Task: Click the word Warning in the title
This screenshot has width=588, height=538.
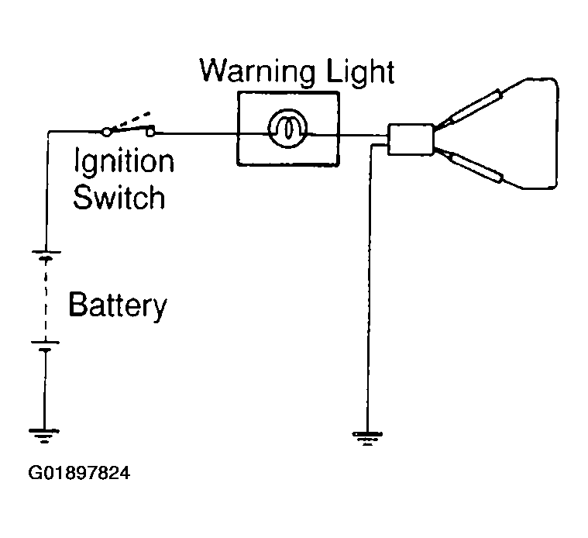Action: (257, 71)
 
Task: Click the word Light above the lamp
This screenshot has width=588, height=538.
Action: (360, 71)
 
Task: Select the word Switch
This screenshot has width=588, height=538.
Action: (119, 197)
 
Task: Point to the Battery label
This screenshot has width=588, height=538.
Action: (118, 305)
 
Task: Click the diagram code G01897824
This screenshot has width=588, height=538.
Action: (79, 473)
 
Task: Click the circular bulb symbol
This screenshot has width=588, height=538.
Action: (287, 128)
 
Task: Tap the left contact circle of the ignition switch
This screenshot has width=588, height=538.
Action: (106, 132)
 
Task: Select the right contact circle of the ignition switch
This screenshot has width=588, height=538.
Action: (150, 132)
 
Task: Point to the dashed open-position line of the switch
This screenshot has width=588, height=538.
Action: (131, 119)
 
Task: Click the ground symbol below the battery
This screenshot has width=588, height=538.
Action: (44, 436)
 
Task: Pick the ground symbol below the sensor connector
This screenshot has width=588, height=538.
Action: (367, 438)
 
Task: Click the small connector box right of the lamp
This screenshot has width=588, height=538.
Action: (411, 140)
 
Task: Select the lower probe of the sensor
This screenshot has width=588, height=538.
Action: (471, 166)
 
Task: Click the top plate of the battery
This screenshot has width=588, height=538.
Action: (46, 252)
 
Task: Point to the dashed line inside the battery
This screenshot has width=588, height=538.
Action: (46, 300)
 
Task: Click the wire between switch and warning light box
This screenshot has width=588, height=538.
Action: (196, 133)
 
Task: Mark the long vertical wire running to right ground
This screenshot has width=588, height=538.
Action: (370, 289)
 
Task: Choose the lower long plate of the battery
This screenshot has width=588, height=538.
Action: (45, 342)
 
